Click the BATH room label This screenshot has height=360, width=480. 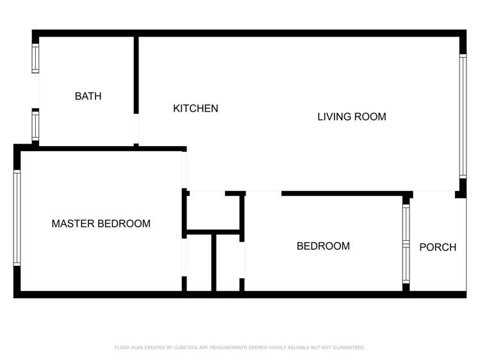coord(88,97)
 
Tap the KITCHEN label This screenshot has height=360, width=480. coord(195,109)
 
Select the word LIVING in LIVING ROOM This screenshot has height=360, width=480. coord(334,117)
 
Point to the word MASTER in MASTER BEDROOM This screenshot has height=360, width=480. coord(72,224)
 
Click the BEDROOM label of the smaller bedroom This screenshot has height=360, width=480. coord(323,246)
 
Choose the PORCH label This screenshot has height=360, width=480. coord(438,247)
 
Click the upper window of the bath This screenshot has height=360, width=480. coord(36,58)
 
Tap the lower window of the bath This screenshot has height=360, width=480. coord(36,126)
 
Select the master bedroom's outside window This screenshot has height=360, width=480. coord(17,217)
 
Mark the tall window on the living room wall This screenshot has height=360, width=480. coord(462,116)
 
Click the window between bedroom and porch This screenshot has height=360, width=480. coord(406,244)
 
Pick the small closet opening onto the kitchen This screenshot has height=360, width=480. coord(212,211)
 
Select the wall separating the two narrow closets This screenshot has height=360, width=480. coord(214,263)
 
